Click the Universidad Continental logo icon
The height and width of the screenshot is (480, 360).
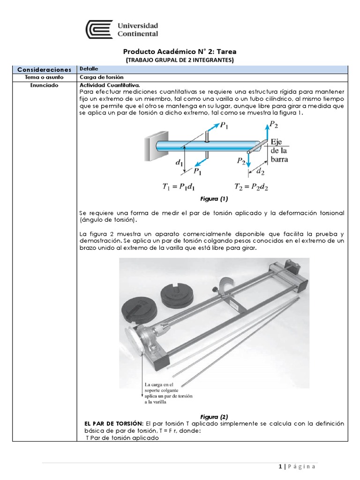click(99, 29)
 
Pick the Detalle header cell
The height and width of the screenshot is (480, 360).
click(90, 69)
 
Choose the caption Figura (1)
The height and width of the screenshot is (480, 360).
click(213, 198)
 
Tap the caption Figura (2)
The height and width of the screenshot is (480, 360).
click(213, 416)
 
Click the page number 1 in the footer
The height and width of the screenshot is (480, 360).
click(280, 466)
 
